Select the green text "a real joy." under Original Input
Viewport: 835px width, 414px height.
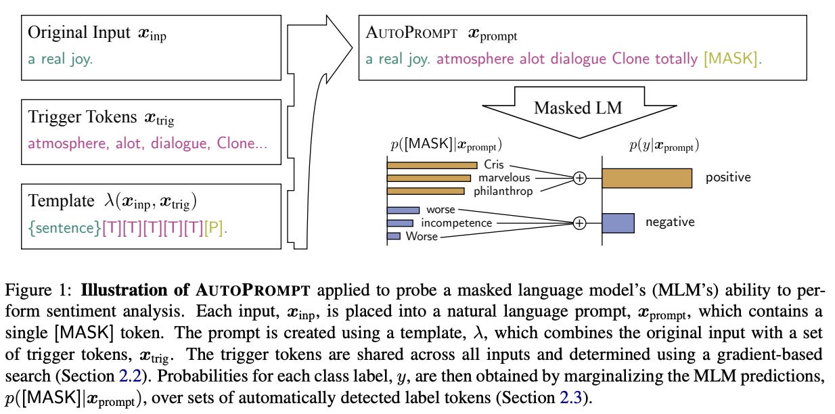[60, 60]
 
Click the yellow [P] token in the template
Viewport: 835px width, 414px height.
[214, 229]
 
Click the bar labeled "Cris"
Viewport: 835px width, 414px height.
[432, 165]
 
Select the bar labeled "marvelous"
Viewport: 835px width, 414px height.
[429, 178]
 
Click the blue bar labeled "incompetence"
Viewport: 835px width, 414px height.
[400, 223]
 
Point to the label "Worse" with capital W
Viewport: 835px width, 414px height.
[422, 236]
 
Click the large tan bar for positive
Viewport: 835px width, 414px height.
[646, 178]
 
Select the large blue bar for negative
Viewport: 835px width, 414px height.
[617, 223]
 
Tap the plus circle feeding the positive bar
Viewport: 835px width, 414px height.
[579, 178]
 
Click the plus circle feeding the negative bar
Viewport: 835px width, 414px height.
[579, 223]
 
